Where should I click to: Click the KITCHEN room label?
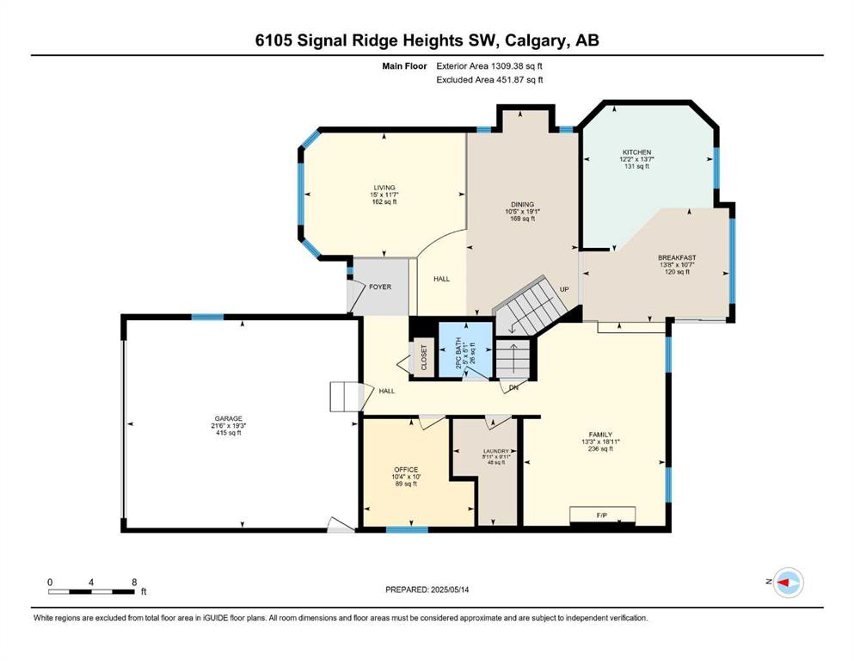click(x=636, y=152)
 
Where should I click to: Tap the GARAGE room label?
click(x=228, y=418)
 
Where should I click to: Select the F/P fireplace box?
click(x=602, y=515)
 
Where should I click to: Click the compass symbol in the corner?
click(x=789, y=583)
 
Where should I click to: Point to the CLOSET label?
click(x=424, y=357)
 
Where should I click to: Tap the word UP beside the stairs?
click(x=564, y=289)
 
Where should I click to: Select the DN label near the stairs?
click(x=513, y=388)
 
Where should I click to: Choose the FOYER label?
click(x=380, y=287)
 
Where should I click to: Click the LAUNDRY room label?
click(x=496, y=451)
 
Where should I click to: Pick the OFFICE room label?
click(x=406, y=469)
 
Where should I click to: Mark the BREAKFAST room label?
click(x=677, y=257)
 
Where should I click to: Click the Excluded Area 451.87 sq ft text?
click(x=489, y=79)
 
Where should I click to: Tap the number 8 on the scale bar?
click(x=134, y=582)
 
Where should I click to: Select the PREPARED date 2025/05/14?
click(x=450, y=590)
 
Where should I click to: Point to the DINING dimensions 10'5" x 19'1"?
click(x=522, y=212)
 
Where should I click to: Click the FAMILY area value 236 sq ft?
click(x=601, y=449)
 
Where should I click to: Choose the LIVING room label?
click(x=384, y=188)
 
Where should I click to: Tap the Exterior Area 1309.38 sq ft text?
click(x=489, y=66)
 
